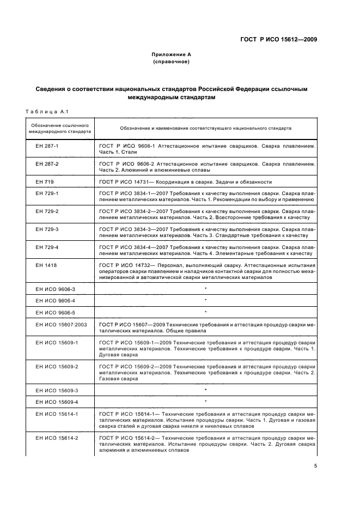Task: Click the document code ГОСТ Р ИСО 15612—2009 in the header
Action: point(278,40)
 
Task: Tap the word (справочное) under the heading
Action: point(172,62)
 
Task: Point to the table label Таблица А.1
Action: point(46,112)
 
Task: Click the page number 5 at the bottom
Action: point(315,466)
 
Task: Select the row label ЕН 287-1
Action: point(47,147)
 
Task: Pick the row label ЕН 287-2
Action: point(47,163)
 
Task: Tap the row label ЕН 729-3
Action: point(47,229)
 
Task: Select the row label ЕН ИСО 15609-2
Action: point(57,367)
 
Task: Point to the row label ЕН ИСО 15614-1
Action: point(57,415)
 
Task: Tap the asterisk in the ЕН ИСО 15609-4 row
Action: point(205,402)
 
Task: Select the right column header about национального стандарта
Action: point(205,129)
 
